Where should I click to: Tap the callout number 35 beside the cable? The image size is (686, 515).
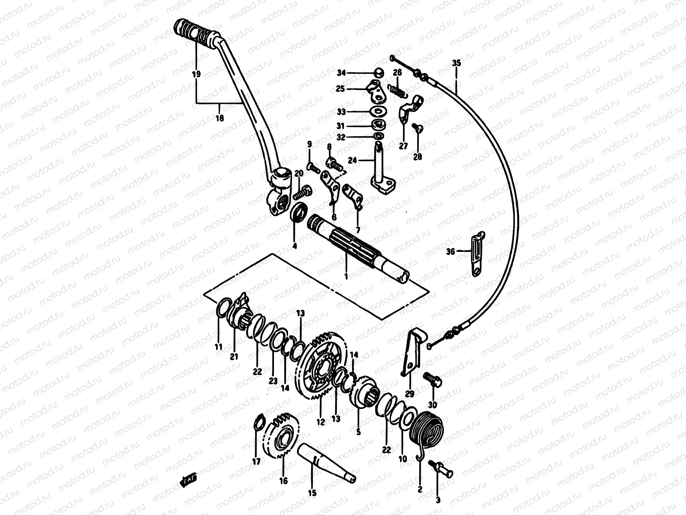pos(456,63)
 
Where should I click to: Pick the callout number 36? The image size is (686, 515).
pos(451,252)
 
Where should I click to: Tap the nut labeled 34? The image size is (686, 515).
pos(378,73)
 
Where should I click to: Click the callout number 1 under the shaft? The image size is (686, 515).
pos(346,276)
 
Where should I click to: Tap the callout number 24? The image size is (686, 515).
pos(352,161)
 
